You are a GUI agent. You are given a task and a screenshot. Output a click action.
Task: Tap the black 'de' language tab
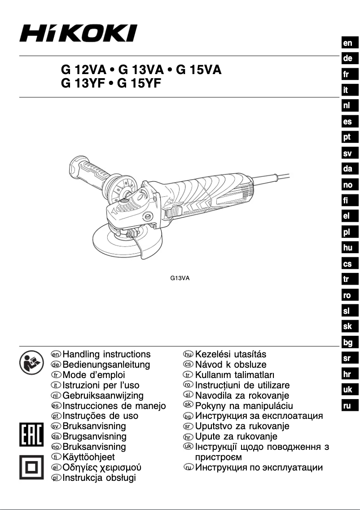(347, 58)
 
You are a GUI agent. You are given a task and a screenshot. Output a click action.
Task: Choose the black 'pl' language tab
(347, 232)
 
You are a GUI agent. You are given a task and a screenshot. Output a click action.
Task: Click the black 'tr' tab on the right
(347, 280)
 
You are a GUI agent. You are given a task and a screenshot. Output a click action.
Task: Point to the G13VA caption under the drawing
(180, 278)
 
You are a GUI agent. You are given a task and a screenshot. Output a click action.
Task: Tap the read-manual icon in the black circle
(29, 361)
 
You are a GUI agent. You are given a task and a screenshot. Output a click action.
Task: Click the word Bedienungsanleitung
(106, 365)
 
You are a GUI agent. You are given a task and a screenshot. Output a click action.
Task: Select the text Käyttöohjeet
(89, 457)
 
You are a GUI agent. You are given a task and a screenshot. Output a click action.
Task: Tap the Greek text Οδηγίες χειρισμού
(102, 467)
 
